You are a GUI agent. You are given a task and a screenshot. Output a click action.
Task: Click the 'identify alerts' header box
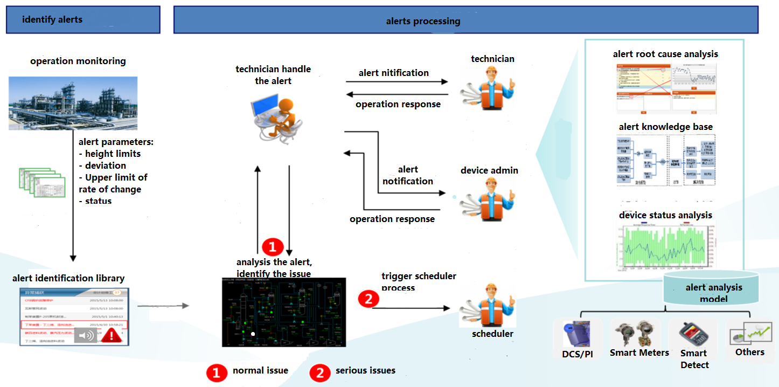click(x=83, y=20)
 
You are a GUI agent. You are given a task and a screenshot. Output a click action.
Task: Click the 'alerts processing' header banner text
click(x=423, y=22)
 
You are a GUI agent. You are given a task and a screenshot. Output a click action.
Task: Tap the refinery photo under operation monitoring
click(x=73, y=103)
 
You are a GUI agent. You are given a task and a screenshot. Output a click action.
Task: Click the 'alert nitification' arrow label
click(x=394, y=73)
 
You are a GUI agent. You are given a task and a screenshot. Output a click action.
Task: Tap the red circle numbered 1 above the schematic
click(x=273, y=247)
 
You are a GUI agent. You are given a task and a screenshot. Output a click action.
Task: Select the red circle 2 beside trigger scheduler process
click(x=368, y=299)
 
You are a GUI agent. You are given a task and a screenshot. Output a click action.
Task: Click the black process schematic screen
click(x=284, y=312)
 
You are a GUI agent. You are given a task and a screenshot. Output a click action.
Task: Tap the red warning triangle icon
click(x=111, y=335)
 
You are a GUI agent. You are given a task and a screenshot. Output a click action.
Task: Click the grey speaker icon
click(x=85, y=336)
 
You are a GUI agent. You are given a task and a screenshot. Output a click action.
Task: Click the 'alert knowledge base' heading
click(x=665, y=127)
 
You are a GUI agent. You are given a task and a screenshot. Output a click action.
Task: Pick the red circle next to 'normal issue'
click(x=217, y=372)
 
